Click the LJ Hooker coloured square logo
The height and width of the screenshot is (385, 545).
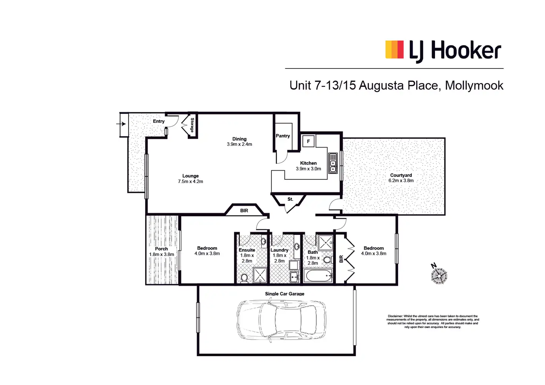pos(394,50)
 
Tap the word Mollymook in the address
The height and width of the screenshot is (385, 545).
pos(474,85)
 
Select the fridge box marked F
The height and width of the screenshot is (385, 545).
pos(308,141)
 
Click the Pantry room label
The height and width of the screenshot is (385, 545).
pos(283,136)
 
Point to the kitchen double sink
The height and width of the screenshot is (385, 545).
pos(333,163)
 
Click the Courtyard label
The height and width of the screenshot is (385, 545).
pos(401,175)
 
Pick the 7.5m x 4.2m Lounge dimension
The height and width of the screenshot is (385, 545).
pos(190,182)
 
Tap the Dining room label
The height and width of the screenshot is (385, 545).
pos(239,139)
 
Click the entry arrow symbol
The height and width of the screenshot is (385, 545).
pos(121,124)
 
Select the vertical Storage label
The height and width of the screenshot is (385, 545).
pos(192,125)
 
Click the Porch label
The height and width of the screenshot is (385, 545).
pos(161,249)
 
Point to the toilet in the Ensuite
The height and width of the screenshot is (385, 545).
pos(244,278)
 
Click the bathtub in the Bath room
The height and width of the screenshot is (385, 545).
pos(318,276)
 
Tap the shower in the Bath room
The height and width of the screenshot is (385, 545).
pos(325,243)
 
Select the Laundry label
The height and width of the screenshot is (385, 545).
pos(279,250)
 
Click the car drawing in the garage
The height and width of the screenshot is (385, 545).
pos(281,320)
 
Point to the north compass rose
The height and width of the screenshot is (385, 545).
pos(439,276)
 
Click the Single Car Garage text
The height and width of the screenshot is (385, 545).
pos(284,294)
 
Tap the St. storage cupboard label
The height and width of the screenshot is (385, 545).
pos(290,199)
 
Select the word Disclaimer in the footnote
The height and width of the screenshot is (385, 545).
pos(395,316)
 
